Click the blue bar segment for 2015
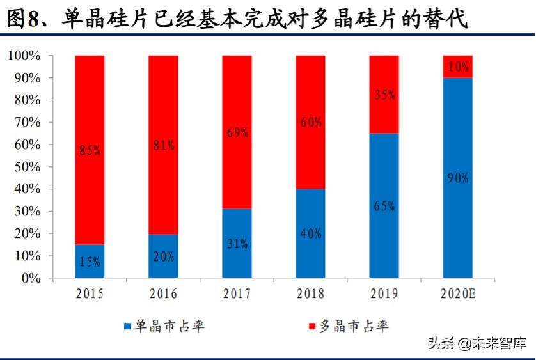click(x=90, y=261)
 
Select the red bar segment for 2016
click(x=163, y=145)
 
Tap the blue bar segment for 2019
click(x=384, y=205)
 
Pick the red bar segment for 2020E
click(x=458, y=67)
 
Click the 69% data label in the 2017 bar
click(x=237, y=133)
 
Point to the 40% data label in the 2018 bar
click(x=310, y=233)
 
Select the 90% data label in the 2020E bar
click(x=458, y=178)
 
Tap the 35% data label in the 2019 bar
click(x=384, y=95)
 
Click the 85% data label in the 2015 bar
click(x=90, y=151)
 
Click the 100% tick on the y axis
click(x=24, y=56)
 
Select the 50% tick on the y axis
click(x=27, y=167)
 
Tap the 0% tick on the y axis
click(x=31, y=278)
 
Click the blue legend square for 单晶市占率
click(x=128, y=327)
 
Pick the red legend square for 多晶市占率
click(x=311, y=327)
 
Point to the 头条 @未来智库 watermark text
click(x=477, y=343)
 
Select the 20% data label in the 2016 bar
click(x=163, y=256)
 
